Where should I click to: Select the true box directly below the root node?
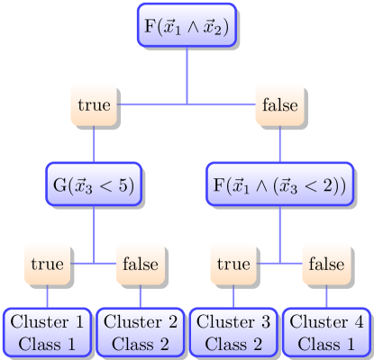tap(94, 105)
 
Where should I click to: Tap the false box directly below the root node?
tap(279, 105)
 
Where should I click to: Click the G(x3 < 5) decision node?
tap(94, 184)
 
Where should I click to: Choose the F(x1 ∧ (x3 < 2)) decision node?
tap(279, 184)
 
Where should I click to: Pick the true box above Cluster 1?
tap(48, 264)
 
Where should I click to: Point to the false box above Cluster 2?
tap(140, 264)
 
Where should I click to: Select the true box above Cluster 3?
tap(233, 264)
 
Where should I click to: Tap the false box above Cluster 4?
tap(325, 264)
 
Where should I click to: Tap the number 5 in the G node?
tap(124, 185)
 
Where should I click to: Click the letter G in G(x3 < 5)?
tap(59, 185)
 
